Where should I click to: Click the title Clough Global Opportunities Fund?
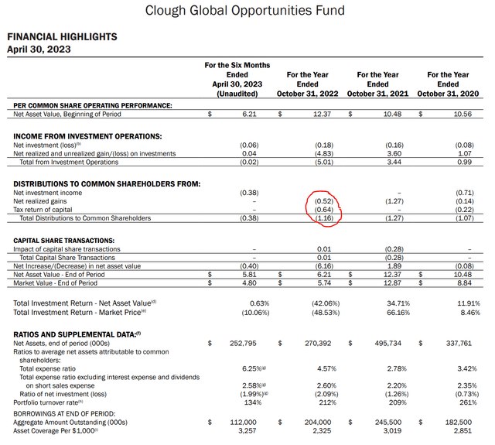coord(245,11)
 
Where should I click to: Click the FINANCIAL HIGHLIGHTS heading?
coord(62,36)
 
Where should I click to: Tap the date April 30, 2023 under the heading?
coord(38,49)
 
